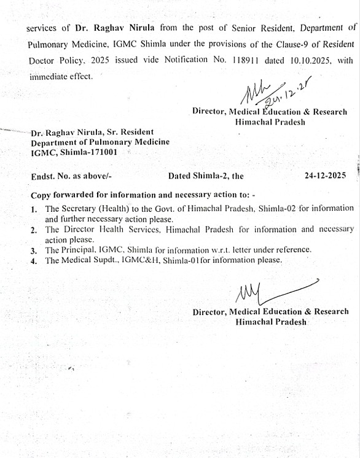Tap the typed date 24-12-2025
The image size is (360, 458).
tap(325, 176)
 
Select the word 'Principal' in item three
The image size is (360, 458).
tap(85, 250)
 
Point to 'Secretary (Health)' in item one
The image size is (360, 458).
tap(97, 209)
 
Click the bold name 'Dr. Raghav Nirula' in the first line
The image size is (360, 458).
tap(114, 28)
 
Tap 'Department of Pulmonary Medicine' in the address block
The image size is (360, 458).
tap(100, 142)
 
